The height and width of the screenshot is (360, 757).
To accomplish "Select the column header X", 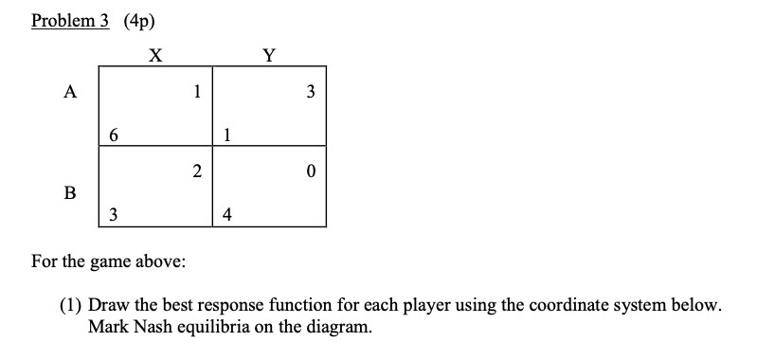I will click(x=154, y=55).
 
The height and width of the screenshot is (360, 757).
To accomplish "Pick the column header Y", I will click(x=269, y=55).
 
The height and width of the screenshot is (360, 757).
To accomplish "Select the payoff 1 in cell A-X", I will click(x=196, y=92).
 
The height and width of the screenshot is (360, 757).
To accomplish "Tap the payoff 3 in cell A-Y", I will click(x=311, y=92).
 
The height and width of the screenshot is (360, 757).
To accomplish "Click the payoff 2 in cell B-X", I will click(x=196, y=171).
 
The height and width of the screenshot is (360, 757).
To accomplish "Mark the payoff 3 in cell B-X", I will click(x=114, y=214).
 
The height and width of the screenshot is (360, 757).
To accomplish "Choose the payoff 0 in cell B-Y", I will click(x=311, y=171).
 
